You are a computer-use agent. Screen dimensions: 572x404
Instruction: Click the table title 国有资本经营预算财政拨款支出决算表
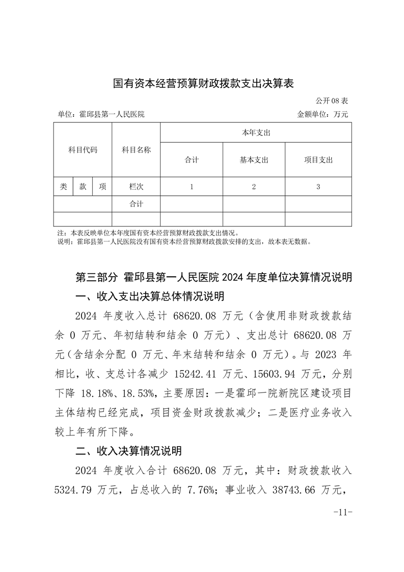coord(203,83)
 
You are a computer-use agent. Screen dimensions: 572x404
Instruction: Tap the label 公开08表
coord(332,101)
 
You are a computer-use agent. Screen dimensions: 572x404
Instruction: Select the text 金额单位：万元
coord(322,114)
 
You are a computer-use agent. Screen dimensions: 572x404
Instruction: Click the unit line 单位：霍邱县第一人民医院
coord(101,114)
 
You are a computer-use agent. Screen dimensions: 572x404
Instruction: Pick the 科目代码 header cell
coord(83,150)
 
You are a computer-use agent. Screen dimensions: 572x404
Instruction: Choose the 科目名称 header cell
coord(136,150)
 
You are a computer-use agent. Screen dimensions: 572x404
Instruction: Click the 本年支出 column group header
coord(256,133)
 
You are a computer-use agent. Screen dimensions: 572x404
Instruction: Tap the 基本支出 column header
coord(254,160)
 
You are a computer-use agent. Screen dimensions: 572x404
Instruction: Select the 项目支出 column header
coord(318,160)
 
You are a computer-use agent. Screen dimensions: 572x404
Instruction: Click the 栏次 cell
coord(136,187)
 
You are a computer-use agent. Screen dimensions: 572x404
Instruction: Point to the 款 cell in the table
coord(83,187)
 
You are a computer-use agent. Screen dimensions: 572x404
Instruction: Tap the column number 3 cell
coord(318,187)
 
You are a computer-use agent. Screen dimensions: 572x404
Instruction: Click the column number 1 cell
coord(192,187)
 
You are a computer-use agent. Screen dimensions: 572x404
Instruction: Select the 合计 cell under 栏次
coord(136,204)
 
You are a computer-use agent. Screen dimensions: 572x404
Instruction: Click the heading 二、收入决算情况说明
coord(128,451)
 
